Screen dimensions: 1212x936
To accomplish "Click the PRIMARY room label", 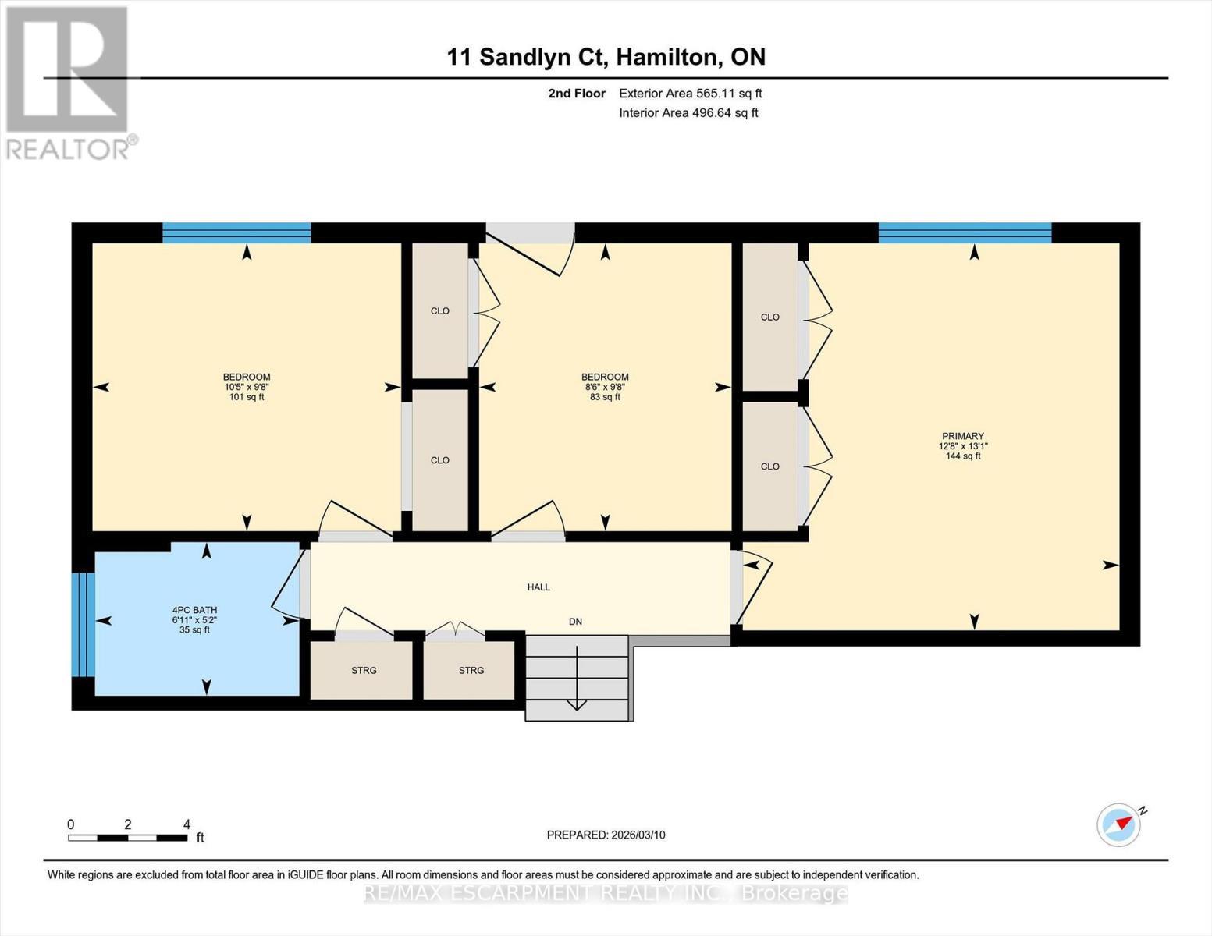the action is (x=963, y=436).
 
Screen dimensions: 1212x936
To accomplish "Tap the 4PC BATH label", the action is (x=194, y=610).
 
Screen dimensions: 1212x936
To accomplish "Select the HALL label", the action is (x=538, y=587).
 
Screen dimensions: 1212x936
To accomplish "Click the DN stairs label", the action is (x=575, y=622).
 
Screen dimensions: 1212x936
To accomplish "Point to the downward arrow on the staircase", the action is (x=576, y=678).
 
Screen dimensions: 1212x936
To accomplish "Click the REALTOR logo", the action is (x=69, y=83).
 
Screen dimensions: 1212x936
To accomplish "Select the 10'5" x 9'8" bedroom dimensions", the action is (x=247, y=387).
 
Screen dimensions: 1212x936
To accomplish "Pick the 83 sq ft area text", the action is (x=605, y=397).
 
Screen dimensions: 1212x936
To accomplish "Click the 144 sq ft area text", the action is (x=963, y=456).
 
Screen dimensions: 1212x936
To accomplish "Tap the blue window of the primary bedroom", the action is (x=965, y=232).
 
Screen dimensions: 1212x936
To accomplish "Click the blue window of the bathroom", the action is (x=83, y=624).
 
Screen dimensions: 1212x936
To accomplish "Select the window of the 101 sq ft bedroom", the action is (x=236, y=232).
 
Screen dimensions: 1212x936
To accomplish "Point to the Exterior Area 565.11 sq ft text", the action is (x=691, y=94).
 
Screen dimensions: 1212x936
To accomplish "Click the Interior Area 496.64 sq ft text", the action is (x=688, y=112).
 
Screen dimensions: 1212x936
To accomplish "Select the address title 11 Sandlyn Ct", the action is (x=527, y=58).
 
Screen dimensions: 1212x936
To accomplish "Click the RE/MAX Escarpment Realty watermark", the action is (x=606, y=894).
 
